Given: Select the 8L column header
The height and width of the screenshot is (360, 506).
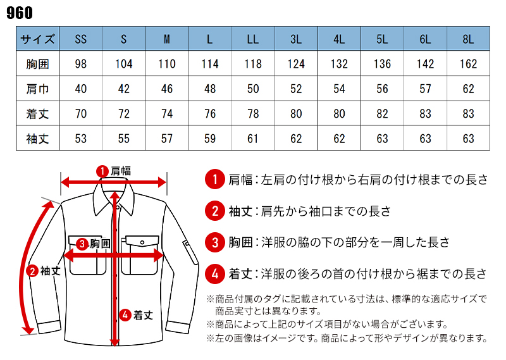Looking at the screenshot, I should (x=467, y=39).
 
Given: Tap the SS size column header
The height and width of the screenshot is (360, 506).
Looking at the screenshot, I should (x=80, y=39).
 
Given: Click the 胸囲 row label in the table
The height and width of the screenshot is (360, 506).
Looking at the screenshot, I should (x=38, y=64).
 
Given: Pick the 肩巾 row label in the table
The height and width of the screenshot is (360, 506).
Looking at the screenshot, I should (x=38, y=89).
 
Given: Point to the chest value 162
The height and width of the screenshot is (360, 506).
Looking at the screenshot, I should (x=467, y=64).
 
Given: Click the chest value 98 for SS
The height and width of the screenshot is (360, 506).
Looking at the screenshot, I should (x=80, y=64).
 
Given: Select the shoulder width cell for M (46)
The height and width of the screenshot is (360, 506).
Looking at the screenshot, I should (x=166, y=89).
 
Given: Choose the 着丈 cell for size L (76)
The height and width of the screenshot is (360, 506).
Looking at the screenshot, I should (x=209, y=114).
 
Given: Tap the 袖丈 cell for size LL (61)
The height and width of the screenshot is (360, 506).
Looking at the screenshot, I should (x=253, y=139).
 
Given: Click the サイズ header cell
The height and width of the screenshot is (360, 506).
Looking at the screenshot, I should (x=38, y=39).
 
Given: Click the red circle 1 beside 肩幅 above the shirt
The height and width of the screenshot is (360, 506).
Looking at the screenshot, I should (x=101, y=171).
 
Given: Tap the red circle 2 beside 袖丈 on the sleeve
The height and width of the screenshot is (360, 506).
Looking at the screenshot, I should (x=32, y=271).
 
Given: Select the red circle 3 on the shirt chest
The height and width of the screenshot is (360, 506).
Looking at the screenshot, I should (x=82, y=243).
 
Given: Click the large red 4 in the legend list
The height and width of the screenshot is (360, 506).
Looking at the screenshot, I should (x=215, y=274).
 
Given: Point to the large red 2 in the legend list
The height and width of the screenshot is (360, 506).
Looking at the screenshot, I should (x=215, y=211).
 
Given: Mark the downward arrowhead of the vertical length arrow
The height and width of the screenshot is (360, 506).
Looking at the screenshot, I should (x=114, y=341).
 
